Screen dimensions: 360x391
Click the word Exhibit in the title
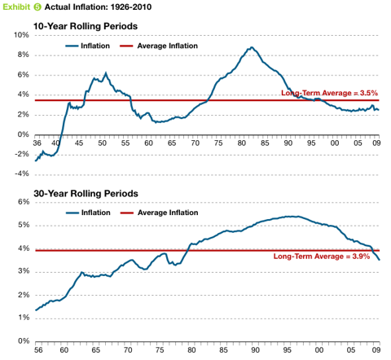click(x=16, y=7)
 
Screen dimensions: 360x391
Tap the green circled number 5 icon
click(x=37, y=7)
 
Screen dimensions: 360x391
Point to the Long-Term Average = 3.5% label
click(x=329, y=93)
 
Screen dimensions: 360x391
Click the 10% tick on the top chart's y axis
click(x=18, y=36)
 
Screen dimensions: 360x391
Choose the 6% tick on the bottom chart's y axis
click(x=20, y=201)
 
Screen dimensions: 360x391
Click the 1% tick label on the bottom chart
click(x=20, y=318)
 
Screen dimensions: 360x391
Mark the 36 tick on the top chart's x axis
click(x=37, y=143)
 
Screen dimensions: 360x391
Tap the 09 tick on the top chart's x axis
click(x=376, y=143)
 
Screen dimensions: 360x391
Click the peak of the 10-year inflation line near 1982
click(x=252, y=48)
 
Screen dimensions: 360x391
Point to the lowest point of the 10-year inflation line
click(x=36, y=160)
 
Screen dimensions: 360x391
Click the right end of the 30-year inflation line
click(x=379, y=259)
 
